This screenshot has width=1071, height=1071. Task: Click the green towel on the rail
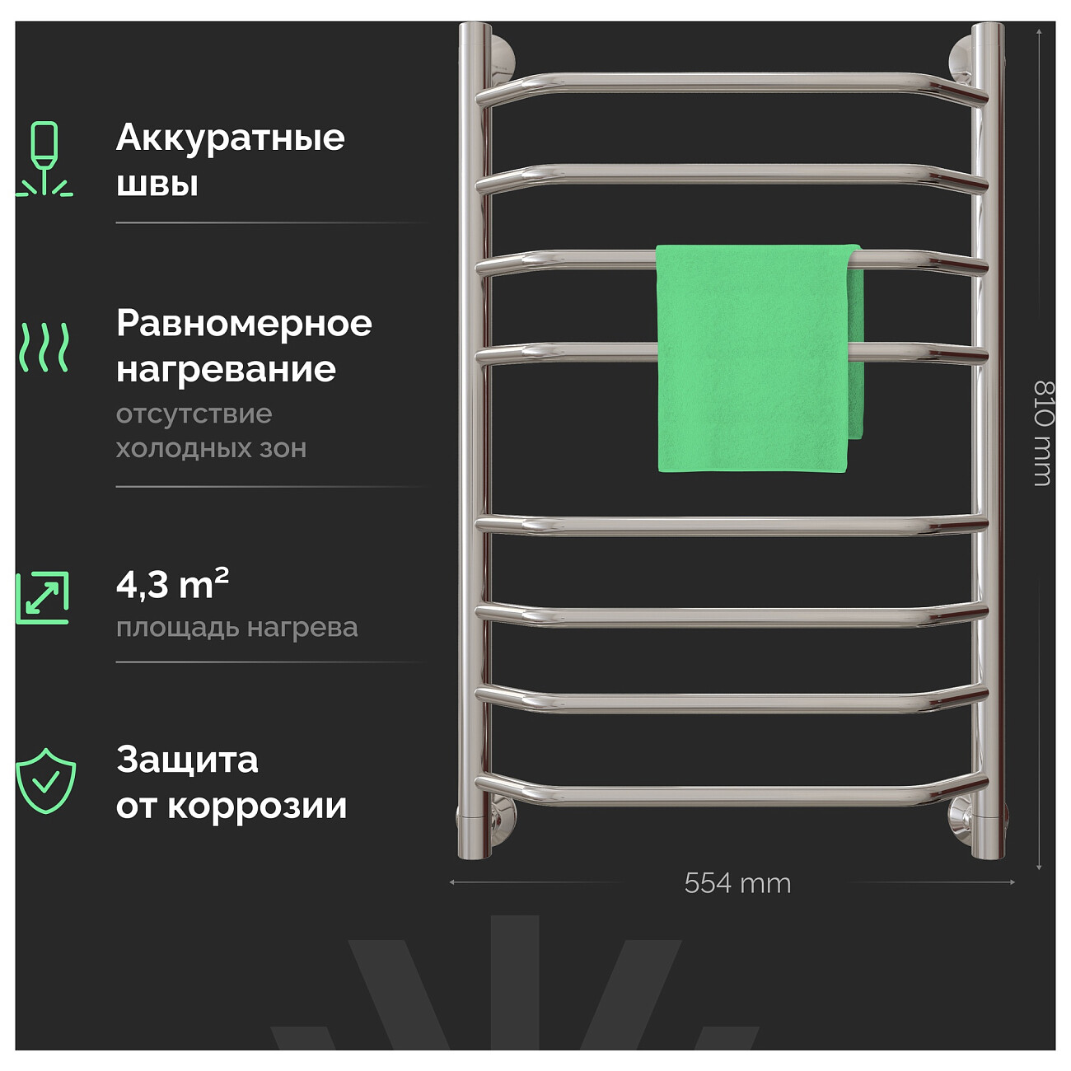[x=759, y=358]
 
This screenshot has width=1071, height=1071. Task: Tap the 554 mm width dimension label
[x=737, y=883]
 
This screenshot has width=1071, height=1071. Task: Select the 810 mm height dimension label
[x=1043, y=433]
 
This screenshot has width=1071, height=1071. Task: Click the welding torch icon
[x=44, y=158]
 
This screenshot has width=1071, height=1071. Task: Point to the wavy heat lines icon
[x=44, y=347]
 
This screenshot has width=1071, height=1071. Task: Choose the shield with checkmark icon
[x=45, y=781]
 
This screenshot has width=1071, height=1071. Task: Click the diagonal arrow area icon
[x=42, y=597]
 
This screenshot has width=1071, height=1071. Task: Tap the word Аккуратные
[x=231, y=138]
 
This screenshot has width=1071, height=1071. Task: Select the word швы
[x=157, y=184]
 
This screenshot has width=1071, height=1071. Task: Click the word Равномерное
[x=244, y=324]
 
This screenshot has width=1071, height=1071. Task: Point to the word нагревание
[x=227, y=370]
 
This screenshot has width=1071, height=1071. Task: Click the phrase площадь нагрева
[x=236, y=629]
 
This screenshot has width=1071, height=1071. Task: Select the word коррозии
[x=257, y=807]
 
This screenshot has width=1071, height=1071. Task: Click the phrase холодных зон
[x=211, y=448]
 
